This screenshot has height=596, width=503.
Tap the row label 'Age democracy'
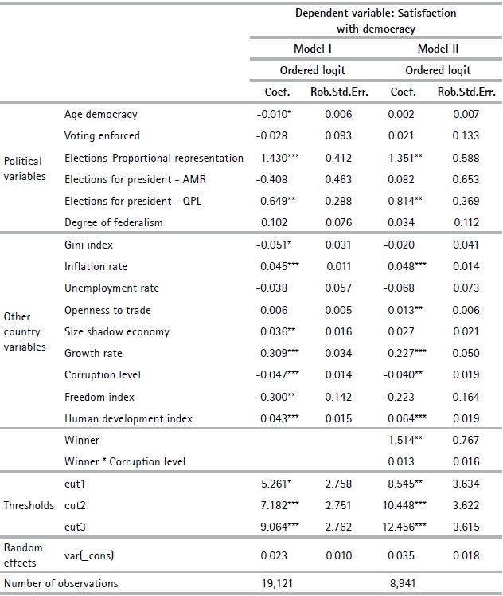(101, 115)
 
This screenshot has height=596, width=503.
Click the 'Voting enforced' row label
(102, 136)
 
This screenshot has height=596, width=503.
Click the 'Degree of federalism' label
(113, 222)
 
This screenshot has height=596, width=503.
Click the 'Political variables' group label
(25, 168)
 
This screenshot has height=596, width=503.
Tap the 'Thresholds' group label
(29, 505)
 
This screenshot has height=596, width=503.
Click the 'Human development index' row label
(128, 418)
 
